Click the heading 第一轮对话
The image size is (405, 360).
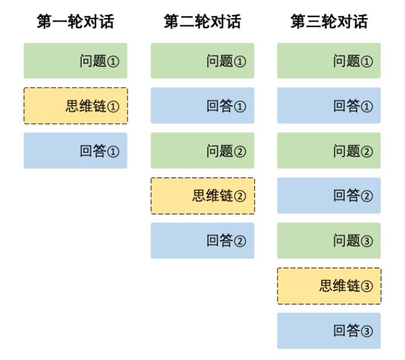point(75,22)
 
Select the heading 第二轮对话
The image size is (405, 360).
point(202,22)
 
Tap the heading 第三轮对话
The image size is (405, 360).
point(329,22)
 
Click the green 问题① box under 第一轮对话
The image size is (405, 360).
point(76,60)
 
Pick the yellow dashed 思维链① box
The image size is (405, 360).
point(76,106)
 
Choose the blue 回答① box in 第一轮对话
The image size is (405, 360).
point(76,150)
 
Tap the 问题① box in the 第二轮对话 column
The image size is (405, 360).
point(202,60)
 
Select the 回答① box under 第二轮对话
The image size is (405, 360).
point(202,106)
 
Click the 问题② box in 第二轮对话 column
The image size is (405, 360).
point(202,150)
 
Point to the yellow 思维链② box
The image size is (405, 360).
point(202,196)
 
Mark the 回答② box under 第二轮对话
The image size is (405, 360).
point(202,240)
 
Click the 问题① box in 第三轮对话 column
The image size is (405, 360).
point(329,60)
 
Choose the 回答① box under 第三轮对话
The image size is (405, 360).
point(329,106)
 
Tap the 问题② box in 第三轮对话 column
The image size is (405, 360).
point(329,150)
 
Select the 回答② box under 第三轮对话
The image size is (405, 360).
point(329,196)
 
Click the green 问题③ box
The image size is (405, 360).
point(329,240)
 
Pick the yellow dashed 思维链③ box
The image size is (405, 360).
point(329,286)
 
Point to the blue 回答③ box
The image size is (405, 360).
point(329,330)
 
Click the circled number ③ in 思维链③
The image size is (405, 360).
point(367,286)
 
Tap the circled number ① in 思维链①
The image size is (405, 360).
point(113,107)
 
